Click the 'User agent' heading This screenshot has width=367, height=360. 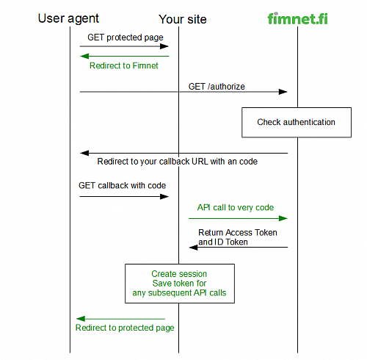point(68,19)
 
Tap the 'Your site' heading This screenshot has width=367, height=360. point(183,19)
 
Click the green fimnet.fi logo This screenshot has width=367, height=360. point(297,18)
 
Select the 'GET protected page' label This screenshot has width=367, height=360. point(126,37)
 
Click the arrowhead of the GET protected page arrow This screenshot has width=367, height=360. point(164,46)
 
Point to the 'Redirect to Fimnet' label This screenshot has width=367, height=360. point(124,65)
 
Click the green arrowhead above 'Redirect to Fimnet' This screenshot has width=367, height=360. point(84,57)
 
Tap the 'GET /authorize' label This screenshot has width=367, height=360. point(217,87)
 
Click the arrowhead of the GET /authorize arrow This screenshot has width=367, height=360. point(283,92)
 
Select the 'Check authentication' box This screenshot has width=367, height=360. point(297,122)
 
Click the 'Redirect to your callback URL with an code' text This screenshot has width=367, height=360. point(178,162)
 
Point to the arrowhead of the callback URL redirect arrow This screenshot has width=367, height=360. point(84,154)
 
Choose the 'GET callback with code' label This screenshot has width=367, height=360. point(122,186)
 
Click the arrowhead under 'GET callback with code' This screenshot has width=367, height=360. point(164,196)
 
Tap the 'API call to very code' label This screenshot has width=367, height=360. point(236,208)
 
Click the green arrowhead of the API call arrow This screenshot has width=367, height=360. point(283,218)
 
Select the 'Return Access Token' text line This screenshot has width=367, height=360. point(238,232)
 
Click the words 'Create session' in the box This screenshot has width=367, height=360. point(179,274)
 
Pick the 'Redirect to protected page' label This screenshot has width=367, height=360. point(125,328)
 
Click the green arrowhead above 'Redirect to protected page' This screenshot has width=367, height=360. point(81,319)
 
